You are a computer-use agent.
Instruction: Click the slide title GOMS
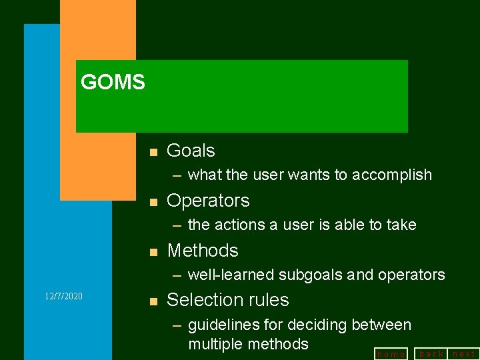pos(113,83)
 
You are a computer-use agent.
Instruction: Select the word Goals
pos(191,151)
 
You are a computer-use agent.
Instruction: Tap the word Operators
pos(208,201)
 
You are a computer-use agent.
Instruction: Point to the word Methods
pos(203,251)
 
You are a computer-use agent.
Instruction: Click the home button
pos(391,354)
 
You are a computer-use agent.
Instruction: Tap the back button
pos(431,353)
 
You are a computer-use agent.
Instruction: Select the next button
pos(464,353)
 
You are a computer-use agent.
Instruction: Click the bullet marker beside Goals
pos(153,153)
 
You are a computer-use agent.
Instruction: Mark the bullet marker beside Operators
pos(153,202)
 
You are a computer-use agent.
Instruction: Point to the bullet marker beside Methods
pos(153,252)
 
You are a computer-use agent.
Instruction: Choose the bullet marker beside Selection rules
pos(153,301)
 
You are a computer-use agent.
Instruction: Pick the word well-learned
pos(231,275)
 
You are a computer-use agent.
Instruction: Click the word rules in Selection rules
pos(267,300)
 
